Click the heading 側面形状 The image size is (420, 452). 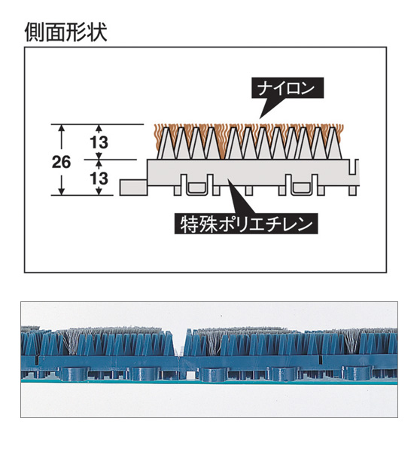pos(66,32)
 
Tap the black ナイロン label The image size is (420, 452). pos(288,88)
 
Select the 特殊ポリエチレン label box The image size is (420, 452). pos(246,224)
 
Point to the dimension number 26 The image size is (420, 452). pos(61,162)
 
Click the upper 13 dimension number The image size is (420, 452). pos(99,142)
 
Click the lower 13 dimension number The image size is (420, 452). pos(99,179)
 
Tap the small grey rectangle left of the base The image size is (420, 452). pos(134,188)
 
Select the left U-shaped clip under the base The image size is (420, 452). pos(198,188)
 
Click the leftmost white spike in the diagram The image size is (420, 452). pos(165,143)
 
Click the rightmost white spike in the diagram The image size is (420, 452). pos(334,143)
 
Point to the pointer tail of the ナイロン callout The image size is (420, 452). pos(268,108)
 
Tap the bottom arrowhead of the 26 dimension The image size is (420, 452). pos(61,191)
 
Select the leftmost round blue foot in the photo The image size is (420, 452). pos(74,374)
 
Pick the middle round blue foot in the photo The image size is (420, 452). pos(214,374)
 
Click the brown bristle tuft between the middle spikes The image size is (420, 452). pos(222,142)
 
